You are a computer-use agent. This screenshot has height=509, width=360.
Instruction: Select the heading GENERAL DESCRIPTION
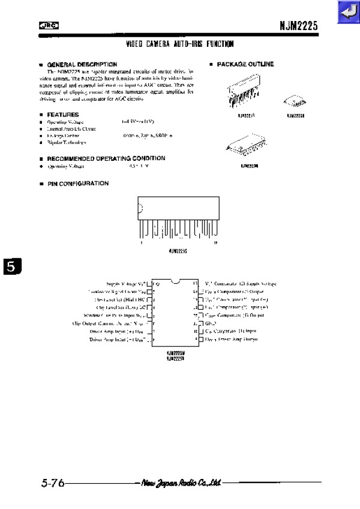(82, 64)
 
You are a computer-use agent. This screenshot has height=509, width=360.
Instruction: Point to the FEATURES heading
(62, 114)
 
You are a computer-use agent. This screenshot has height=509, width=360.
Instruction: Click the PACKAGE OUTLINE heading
(245, 64)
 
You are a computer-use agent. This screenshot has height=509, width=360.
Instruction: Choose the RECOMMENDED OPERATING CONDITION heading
(106, 158)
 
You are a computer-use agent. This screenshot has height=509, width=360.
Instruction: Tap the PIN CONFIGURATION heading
(78, 184)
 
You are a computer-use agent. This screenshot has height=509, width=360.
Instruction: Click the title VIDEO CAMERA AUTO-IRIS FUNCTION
(180, 44)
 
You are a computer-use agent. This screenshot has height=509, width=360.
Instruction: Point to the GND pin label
(211, 323)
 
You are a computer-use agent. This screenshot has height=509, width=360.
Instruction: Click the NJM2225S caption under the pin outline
(179, 251)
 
